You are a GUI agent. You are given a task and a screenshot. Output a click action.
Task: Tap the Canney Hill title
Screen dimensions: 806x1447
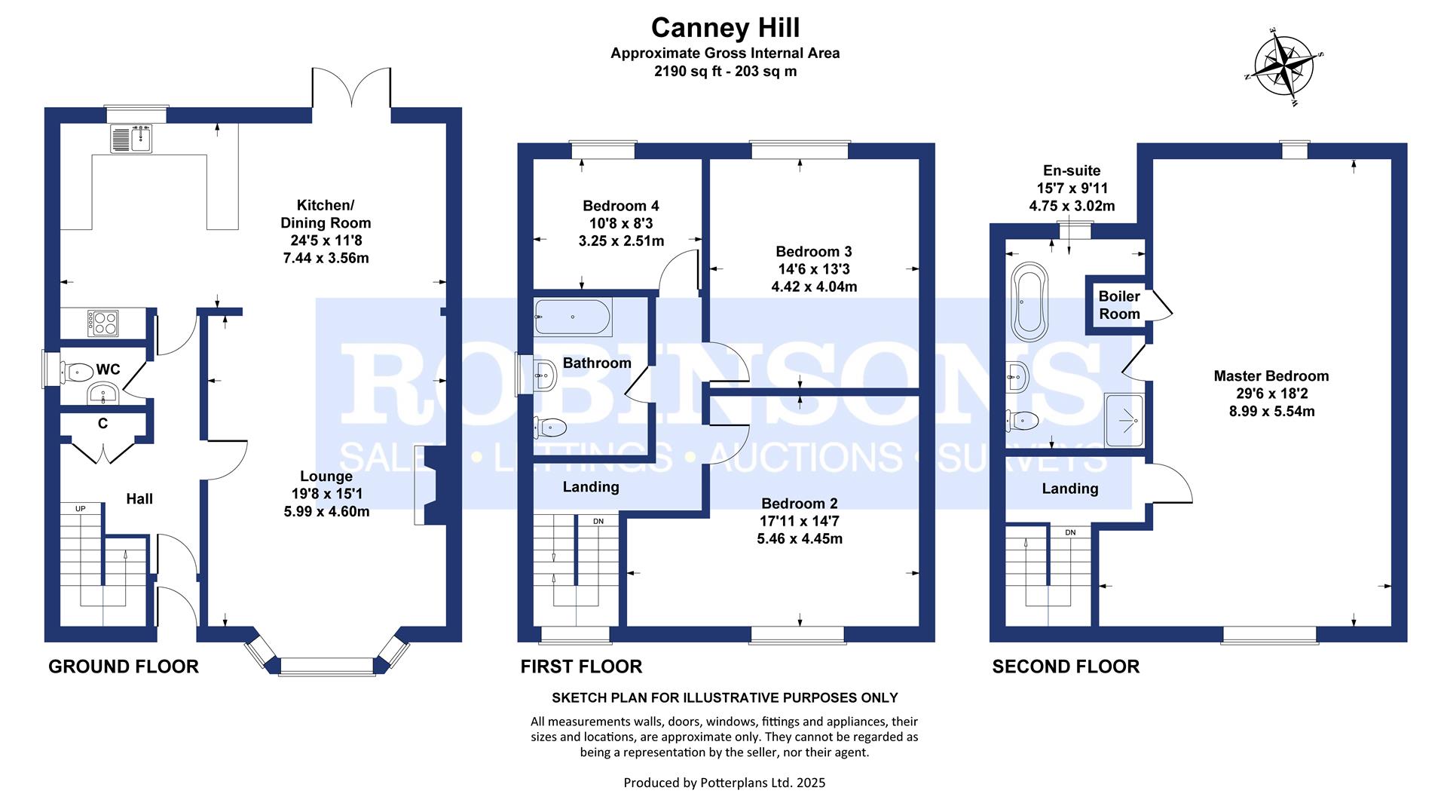pyautogui.click(x=725, y=28)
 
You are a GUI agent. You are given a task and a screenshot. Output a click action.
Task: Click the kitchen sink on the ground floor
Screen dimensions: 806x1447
pyautogui.click(x=132, y=138)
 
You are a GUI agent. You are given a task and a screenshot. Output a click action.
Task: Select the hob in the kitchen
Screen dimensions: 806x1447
pyautogui.click(x=103, y=323)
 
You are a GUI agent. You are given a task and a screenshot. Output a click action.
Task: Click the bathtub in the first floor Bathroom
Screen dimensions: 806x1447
pyautogui.click(x=573, y=317)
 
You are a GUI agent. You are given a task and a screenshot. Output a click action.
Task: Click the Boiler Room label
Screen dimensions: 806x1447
pyautogui.click(x=1118, y=305)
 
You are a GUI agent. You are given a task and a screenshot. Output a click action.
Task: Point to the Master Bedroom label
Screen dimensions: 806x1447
pyautogui.click(x=1271, y=376)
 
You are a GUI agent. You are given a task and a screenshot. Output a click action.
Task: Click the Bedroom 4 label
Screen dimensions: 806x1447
pyautogui.click(x=620, y=206)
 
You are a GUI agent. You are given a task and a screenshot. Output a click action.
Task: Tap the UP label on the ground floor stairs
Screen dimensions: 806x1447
pyautogui.click(x=81, y=509)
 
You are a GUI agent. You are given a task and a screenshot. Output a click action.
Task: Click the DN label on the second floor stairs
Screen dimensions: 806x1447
pyautogui.click(x=1070, y=532)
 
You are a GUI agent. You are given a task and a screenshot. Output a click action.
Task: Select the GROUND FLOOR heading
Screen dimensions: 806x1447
pyautogui.click(x=124, y=667)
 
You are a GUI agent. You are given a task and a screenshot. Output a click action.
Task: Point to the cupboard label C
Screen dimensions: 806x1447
pyautogui.click(x=102, y=424)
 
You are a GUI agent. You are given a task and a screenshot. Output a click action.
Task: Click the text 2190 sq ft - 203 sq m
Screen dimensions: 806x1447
pyautogui.click(x=725, y=72)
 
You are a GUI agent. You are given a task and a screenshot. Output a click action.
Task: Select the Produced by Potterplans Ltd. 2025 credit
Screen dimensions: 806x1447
pyautogui.click(x=724, y=783)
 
